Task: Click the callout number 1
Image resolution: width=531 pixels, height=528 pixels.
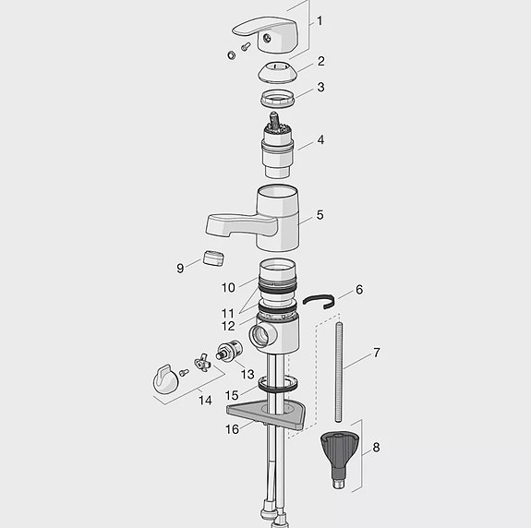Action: tap(320, 20)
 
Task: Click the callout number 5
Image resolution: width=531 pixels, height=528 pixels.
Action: tap(320, 215)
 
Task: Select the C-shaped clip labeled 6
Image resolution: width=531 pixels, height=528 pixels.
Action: tap(320, 300)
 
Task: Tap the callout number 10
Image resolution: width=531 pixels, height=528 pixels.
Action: tap(227, 287)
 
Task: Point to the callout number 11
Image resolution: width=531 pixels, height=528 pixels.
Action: tap(227, 312)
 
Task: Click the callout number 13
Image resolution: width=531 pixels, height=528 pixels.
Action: tap(247, 374)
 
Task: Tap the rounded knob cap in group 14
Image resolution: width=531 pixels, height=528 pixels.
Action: tap(166, 378)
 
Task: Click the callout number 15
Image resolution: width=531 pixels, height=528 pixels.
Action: tap(233, 394)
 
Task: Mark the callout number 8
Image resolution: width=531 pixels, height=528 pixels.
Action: tap(375, 448)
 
